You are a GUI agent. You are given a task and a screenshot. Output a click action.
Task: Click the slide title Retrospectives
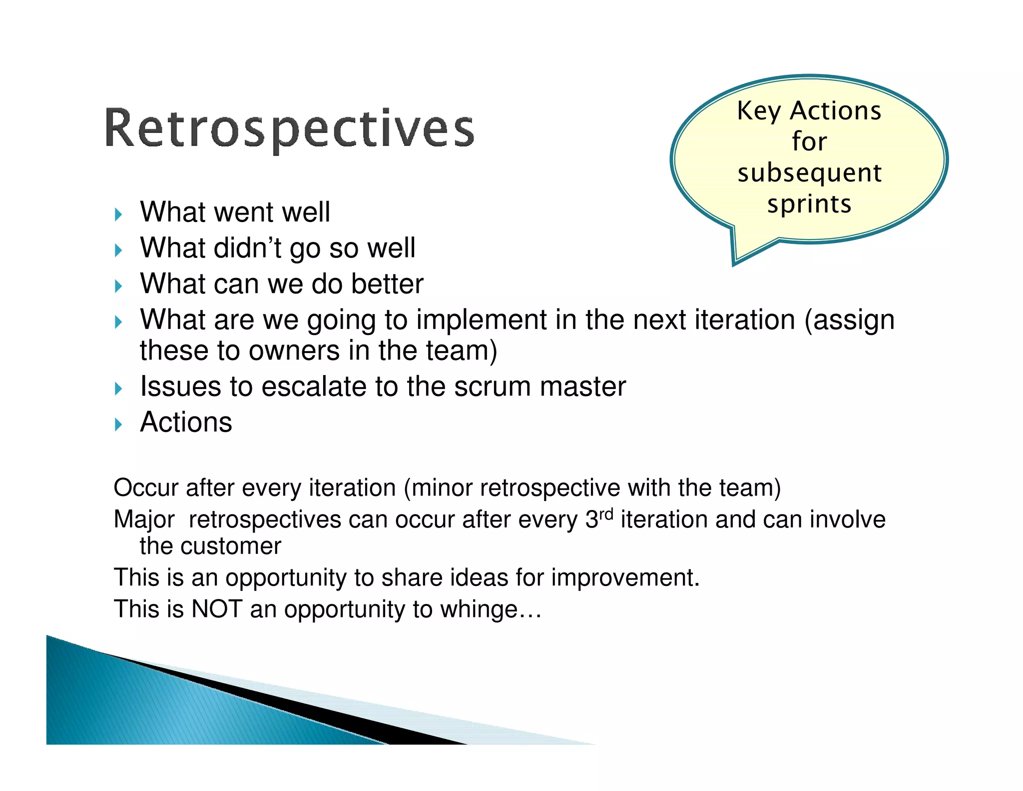[x=289, y=128]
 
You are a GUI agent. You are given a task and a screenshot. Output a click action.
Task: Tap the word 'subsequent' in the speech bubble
[x=809, y=173]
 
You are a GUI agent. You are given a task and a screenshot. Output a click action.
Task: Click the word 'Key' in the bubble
[x=759, y=111]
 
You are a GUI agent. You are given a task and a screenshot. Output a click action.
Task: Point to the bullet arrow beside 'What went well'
[x=118, y=215]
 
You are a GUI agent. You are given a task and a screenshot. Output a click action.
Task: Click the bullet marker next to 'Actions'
[x=118, y=425]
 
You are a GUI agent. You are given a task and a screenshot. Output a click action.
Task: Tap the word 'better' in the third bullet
[x=387, y=284]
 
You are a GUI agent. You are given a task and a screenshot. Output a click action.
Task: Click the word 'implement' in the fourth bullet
[x=481, y=320]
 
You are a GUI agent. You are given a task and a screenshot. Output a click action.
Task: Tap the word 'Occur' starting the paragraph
[x=145, y=487]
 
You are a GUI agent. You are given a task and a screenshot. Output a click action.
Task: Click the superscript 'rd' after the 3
[x=605, y=514]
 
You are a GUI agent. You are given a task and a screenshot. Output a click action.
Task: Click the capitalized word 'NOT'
[x=217, y=609]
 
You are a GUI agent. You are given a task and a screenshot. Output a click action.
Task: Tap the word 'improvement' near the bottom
[x=624, y=578]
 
